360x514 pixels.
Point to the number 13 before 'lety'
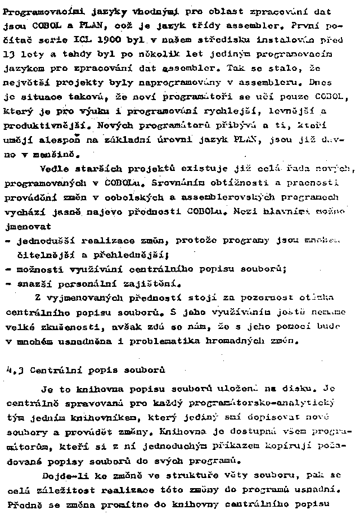pos(10,55)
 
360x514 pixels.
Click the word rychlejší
pos(201,111)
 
